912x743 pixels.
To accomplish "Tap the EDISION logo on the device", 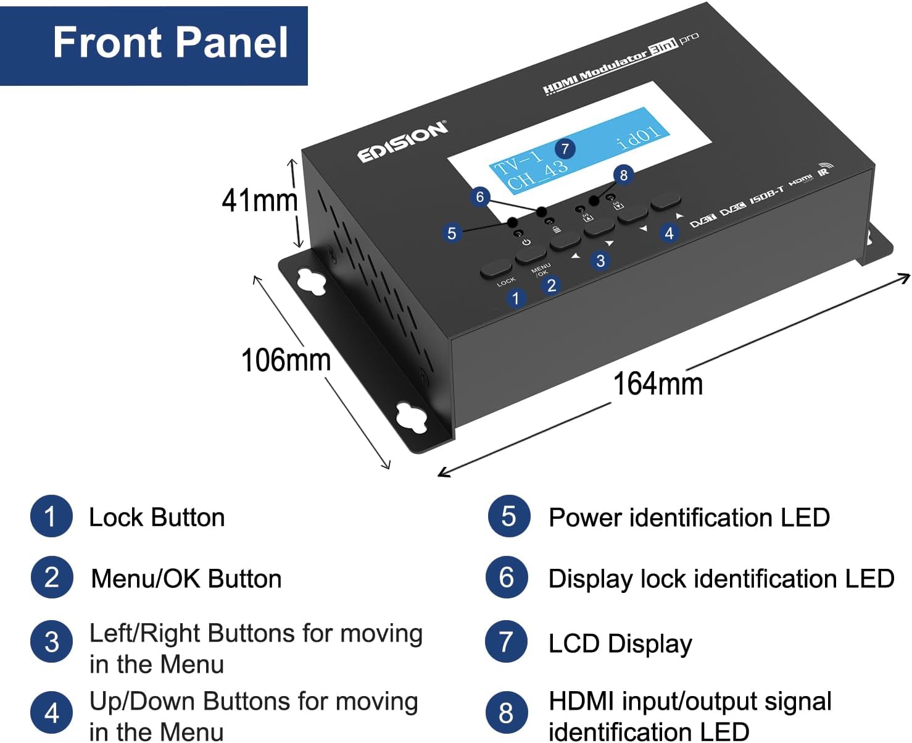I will [402, 142].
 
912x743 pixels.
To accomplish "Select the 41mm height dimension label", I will [259, 201].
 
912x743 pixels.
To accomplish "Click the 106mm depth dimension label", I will [286, 360].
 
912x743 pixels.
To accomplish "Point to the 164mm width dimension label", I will [658, 384].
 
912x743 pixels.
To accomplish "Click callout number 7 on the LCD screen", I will [565, 148].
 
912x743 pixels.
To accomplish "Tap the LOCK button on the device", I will [496, 269].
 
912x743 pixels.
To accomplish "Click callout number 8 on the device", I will [623, 175].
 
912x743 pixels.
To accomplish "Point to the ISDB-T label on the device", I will [767, 196].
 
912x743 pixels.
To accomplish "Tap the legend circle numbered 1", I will [51, 516].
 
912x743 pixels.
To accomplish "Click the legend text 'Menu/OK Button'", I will [186, 579].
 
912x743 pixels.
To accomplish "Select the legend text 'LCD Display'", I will [620, 643].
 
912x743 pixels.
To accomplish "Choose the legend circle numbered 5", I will [508, 516].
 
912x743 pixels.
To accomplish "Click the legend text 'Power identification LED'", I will [689, 518].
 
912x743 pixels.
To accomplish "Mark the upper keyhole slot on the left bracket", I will [312, 281].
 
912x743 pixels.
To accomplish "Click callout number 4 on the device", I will [669, 233].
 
